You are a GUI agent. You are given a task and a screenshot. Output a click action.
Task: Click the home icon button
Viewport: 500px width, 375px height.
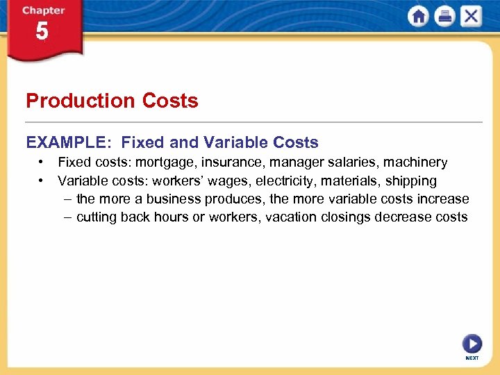pos(418,16)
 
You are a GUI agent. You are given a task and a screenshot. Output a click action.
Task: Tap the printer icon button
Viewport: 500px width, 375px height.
pos(444,16)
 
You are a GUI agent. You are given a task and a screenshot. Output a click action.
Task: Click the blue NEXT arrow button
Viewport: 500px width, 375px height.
pos(472,344)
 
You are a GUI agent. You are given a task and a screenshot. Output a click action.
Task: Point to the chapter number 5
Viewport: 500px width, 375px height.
pos(42,31)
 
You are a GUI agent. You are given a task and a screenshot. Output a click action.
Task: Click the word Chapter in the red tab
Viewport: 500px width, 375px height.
pos(43,10)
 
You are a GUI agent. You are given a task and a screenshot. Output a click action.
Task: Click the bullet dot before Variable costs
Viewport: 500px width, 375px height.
pos(42,181)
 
